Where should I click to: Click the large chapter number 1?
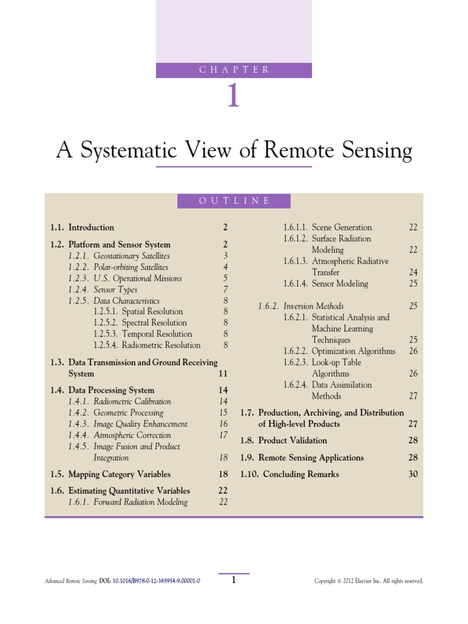[233, 96]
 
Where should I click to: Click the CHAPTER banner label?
[234, 69]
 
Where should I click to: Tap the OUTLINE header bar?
[234, 201]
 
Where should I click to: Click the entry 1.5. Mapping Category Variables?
[110, 474]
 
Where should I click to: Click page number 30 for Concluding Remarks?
[413, 474]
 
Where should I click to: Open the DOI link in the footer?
[157, 581]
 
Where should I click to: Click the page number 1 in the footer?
[233, 581]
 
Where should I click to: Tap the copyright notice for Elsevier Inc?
[368, 581]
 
